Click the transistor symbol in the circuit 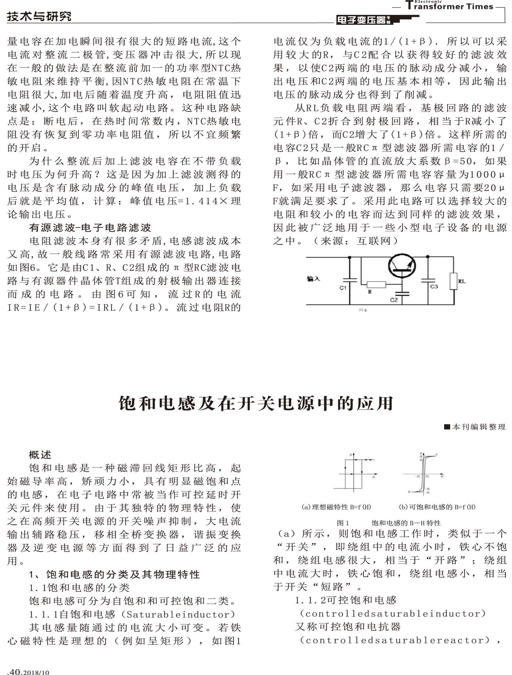click(x=402, y=266)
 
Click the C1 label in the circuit click(x=343, y=288)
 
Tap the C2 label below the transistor click(x=394, y=300)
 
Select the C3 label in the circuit click(x=434, y=287)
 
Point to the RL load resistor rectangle click(x=453, y=281)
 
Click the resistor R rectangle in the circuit click(x=376, y=285)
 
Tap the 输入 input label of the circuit click(x=313, y=279)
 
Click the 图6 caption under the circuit click(x=362, y=310)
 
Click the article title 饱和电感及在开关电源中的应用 click(x=256, y=404)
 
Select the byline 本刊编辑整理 click(x=478, y=427)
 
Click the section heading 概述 click(x=40, y=455)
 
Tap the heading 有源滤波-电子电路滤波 click(x=90, y=228)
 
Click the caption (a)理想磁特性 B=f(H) click(x=336, y=507)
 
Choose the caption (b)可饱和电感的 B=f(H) click(x=437, y=507)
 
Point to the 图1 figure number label click(x=342, y=523)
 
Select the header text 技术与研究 click(x=39, y=17)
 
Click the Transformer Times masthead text click(x=450, y=6)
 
